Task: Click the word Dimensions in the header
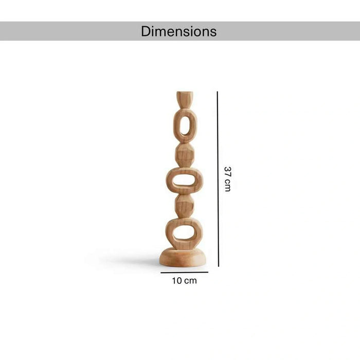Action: (178, 31)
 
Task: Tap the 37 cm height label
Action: (227, 179)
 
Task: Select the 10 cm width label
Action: (184, 281)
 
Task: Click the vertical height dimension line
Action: (218, 179)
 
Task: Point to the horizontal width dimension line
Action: (184, 273)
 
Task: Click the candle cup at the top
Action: (185, 100)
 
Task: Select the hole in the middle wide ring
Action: (184, 180)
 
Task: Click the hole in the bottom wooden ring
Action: (184, 233)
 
